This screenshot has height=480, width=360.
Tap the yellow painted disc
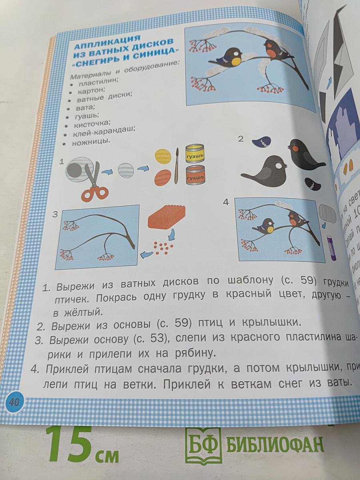pyautogui.click(x=163, y=156)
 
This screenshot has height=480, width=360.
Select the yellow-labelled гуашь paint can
pyautogui.click(x=195, y=154)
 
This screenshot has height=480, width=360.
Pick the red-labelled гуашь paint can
pyautogui.click(x=195, y=176)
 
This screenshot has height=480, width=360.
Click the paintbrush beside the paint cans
pyautogui.click(x=176, y=166)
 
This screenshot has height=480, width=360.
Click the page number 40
pyautogui.click(x=14, y=402)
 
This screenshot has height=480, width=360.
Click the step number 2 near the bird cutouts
pyautogui.click(x=240, y=139)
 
